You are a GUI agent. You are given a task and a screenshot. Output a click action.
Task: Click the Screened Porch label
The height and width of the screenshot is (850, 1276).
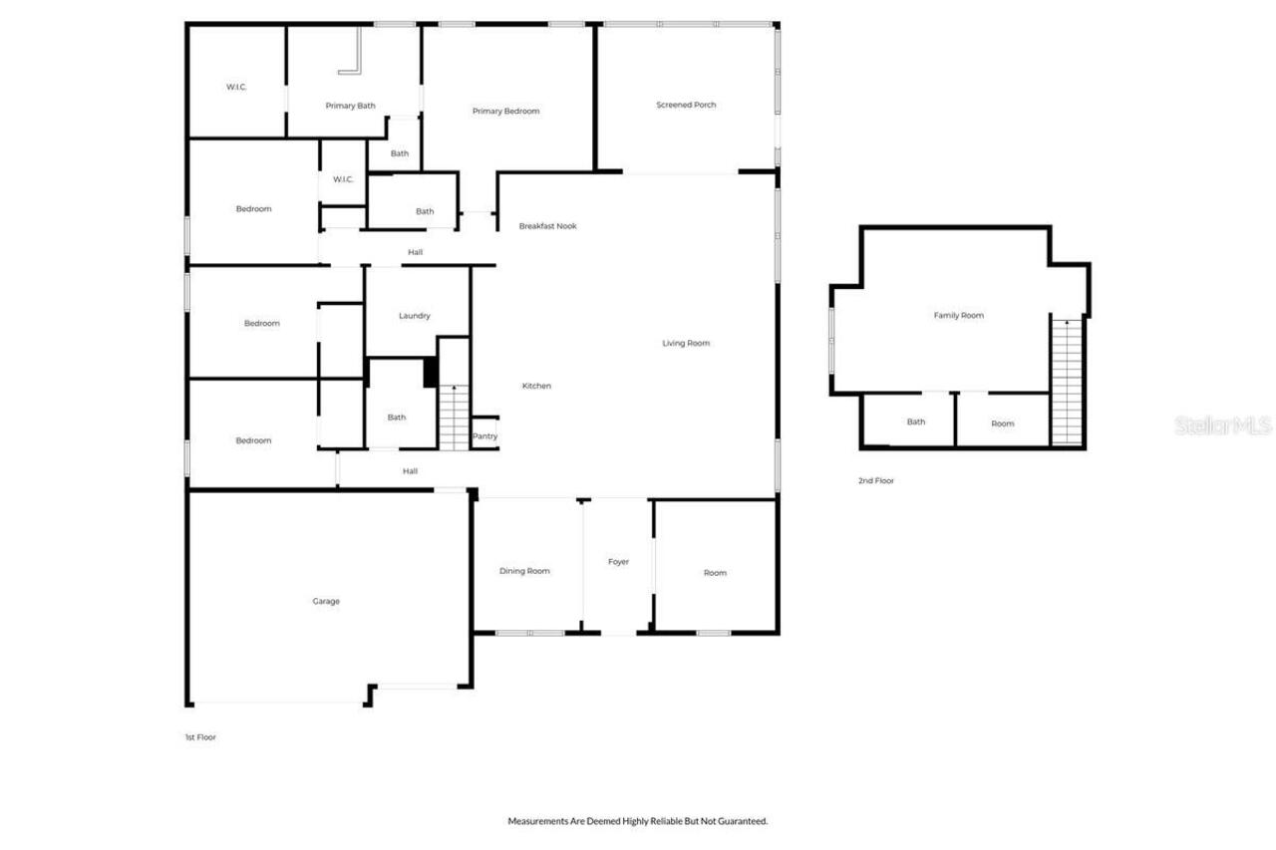686,105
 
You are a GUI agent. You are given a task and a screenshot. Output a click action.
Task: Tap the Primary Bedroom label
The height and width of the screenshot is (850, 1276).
505,111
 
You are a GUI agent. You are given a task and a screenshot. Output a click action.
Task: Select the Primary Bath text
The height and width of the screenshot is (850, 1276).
350,106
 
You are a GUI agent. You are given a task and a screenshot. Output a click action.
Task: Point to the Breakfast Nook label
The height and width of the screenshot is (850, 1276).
547,226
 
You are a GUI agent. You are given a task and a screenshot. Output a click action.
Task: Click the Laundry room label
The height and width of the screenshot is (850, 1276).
414,316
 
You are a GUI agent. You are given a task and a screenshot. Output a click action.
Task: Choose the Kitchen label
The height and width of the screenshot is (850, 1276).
536,386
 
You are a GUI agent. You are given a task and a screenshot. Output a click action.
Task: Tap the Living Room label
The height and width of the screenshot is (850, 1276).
686,343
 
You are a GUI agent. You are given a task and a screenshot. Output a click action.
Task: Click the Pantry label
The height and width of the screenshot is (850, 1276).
484,436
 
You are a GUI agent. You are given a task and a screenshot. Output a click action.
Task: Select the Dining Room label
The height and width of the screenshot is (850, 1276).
524,571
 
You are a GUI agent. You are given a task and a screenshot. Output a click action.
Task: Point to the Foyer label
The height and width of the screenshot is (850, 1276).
618,562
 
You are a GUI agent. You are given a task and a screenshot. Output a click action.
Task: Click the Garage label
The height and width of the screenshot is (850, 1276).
326,601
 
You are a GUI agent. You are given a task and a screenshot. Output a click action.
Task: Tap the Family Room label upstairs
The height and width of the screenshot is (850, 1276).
958,315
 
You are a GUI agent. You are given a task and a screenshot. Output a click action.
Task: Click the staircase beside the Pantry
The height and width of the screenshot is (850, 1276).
454,417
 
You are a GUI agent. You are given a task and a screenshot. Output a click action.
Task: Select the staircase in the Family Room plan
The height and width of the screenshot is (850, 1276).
1067,381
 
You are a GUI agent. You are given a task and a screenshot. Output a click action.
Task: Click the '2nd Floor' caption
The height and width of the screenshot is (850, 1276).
876,480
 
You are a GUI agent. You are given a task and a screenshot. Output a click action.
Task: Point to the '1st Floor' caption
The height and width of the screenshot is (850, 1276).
199,737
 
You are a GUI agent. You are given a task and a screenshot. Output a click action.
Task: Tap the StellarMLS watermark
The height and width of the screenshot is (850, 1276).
1222,425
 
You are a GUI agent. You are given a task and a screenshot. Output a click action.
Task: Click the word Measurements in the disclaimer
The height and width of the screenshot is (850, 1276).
540,821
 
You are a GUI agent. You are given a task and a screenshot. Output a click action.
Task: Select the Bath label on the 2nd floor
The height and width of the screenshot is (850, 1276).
915,422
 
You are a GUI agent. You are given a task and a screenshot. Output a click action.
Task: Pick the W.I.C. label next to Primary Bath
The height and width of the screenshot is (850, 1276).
236,87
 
